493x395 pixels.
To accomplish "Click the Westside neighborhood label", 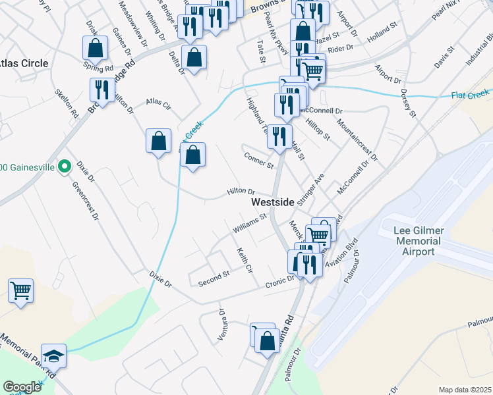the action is click(x=272, y=203).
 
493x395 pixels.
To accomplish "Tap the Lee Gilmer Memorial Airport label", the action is click(x=419, y=241).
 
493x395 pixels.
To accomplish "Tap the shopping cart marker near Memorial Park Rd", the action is click(x=21, y=290).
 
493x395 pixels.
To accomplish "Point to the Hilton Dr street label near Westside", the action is click(x=241, y=192).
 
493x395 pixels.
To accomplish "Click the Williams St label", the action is click(x=248, y=223).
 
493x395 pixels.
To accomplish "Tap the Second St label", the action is click(x=213, y=278).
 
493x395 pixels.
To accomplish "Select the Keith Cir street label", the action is click(x=245, y=259).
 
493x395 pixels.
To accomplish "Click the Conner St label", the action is click(x=258, y=159).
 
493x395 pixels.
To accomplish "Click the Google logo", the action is click(x=22, y=387).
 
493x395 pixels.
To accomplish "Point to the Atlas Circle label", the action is click(x=24, y=63).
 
